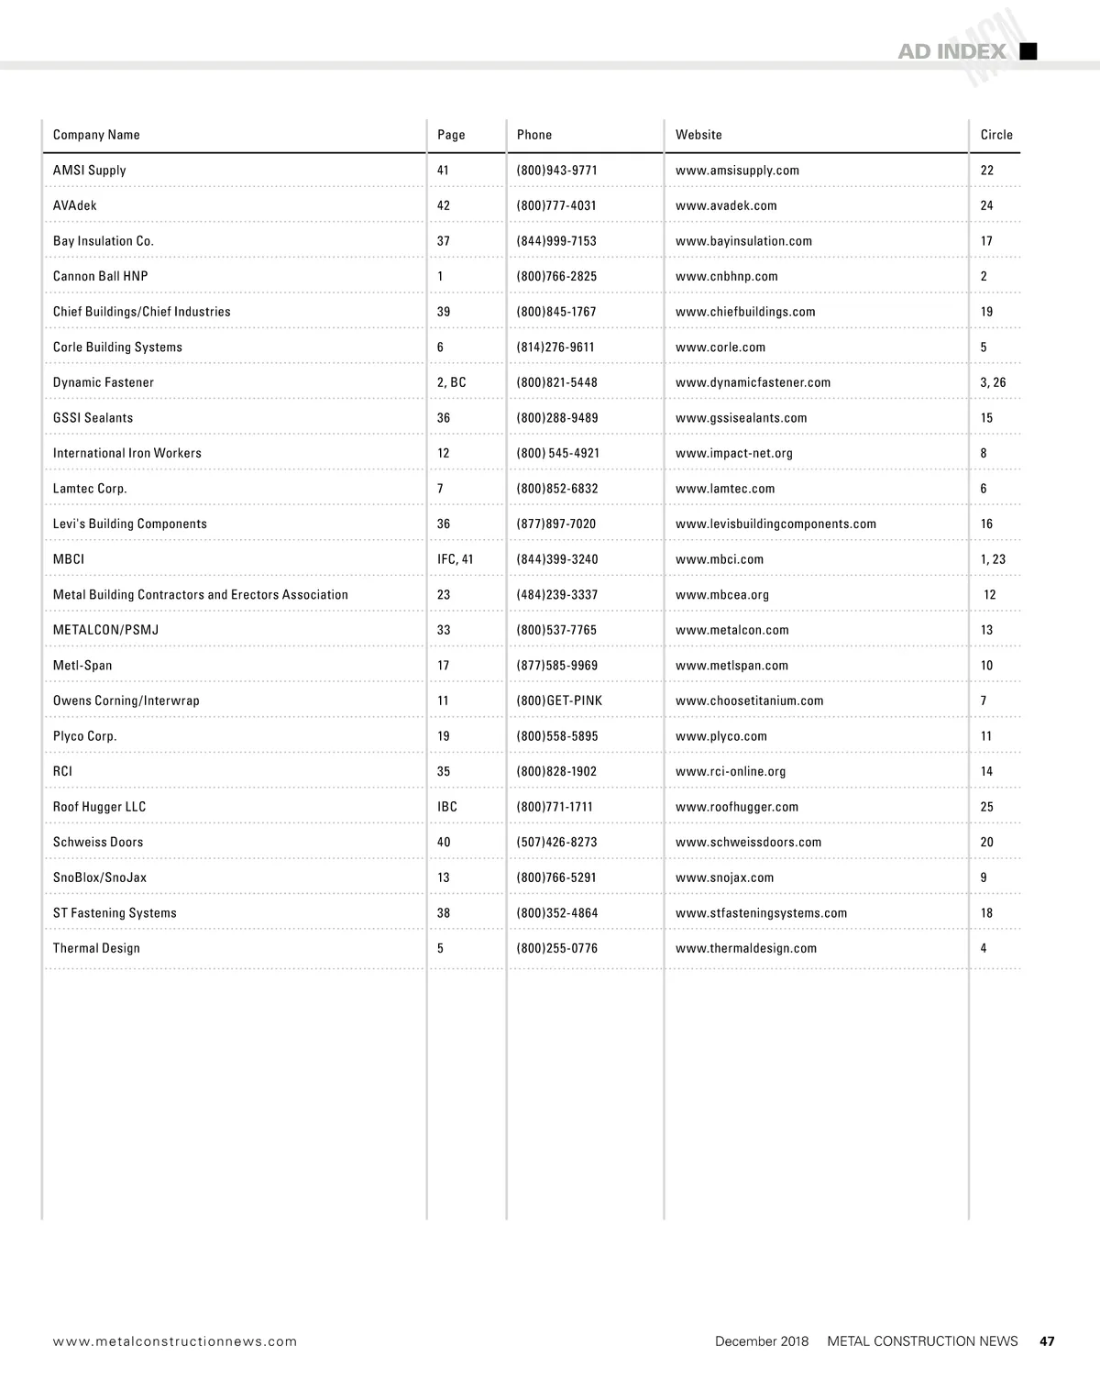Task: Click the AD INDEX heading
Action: click(951, 52)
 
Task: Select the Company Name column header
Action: click(96, 135)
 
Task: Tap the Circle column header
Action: click(996, 135)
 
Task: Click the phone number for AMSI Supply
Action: click(556, 171)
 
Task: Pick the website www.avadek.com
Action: click(726, 205)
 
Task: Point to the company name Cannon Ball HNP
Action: click(100, 276)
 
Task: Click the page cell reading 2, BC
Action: click(451, 382)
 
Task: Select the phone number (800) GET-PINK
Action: click(559, 701)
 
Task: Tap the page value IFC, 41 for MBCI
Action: click(455, 559)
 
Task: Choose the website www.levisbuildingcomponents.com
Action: click(775, 524)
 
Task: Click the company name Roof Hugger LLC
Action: click(99, 807)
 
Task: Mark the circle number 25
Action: click(986, 807)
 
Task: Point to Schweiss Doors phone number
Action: click(556, 842)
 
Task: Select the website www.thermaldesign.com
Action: click(745, 948)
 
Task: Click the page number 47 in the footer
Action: click(1047, 1340)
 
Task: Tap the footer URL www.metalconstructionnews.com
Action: click(175, 1341)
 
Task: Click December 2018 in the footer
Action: click(762, 1340)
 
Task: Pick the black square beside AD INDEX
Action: click(1028, 51)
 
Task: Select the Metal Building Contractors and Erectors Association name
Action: click(200, 594)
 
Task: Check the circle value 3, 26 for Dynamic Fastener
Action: click(993, 382)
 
